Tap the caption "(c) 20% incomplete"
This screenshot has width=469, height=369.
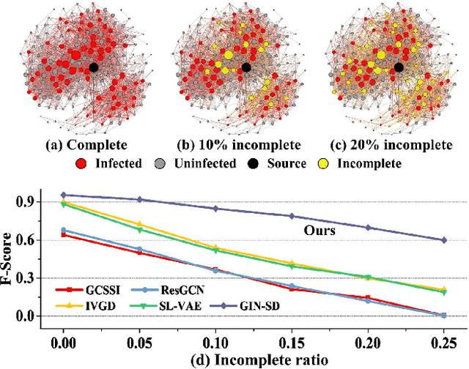coord(393,145)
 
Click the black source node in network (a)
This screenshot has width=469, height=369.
coord(94,67)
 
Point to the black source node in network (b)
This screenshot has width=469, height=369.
coord(246,67)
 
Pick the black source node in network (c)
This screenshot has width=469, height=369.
coord(399,67)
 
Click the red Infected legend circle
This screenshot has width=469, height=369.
coord(81,163)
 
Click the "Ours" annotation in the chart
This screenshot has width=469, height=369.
coord(321,230)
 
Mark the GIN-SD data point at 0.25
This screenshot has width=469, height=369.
coord(443,240)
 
